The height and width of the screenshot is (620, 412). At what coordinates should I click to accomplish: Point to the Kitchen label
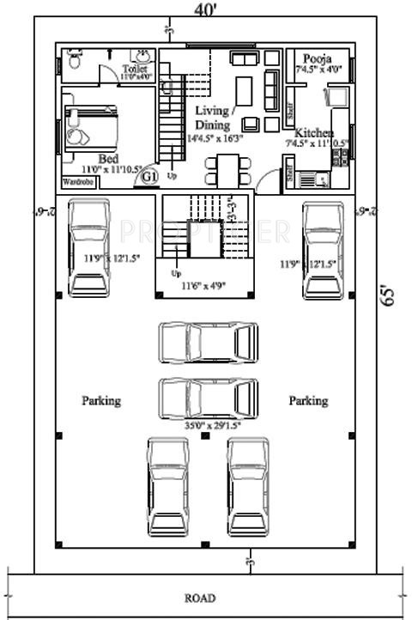314,133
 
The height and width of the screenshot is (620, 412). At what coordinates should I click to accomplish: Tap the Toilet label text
135,68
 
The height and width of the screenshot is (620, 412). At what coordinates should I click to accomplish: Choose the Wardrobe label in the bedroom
76,182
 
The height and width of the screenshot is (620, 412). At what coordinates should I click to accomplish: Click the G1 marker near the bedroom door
148,176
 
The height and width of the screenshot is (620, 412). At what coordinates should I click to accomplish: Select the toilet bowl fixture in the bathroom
74,62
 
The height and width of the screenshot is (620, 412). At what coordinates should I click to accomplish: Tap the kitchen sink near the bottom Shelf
322,179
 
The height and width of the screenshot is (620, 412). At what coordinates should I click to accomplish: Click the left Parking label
101,400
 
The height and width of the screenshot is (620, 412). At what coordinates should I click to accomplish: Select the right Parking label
308,400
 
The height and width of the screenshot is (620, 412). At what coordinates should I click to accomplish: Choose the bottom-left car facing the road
167,486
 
